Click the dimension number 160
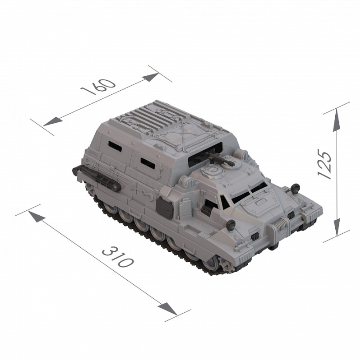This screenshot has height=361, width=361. (98, 87)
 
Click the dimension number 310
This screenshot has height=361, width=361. (118, 257)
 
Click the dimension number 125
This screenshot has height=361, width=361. (324, 164)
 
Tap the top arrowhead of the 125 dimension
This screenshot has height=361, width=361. (336, 120)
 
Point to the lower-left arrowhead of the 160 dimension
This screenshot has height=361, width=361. (53, 121)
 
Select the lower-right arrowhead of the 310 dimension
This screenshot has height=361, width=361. (167, 309)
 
